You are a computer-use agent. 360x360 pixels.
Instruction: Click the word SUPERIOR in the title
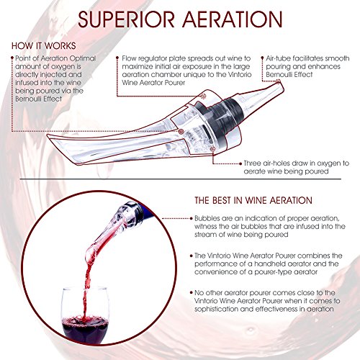[x=126, y=19]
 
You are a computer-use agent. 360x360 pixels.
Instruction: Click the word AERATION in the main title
[x=233, y=19]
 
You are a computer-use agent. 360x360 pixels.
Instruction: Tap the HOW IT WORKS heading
[x=44, y=46]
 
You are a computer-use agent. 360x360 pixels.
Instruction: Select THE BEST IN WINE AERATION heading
[x=253, y=200]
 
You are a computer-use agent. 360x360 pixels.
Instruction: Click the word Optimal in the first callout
[x=83, y=58]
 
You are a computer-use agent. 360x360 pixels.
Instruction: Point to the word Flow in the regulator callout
[x=130, y=58]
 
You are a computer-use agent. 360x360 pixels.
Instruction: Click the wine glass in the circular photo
[x=84, y=315]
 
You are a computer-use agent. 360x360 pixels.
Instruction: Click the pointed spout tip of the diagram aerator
[x=48, y=136]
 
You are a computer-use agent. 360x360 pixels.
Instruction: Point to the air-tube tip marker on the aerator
[x=278, y=81]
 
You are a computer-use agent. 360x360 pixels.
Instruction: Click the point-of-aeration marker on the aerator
[x=181, y=132]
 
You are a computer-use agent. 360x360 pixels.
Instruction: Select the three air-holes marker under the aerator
[x=212, y=149]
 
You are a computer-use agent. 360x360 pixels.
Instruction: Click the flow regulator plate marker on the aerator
[x=203, y=96]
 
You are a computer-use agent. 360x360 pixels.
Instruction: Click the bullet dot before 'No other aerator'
[x=192, y=293]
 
